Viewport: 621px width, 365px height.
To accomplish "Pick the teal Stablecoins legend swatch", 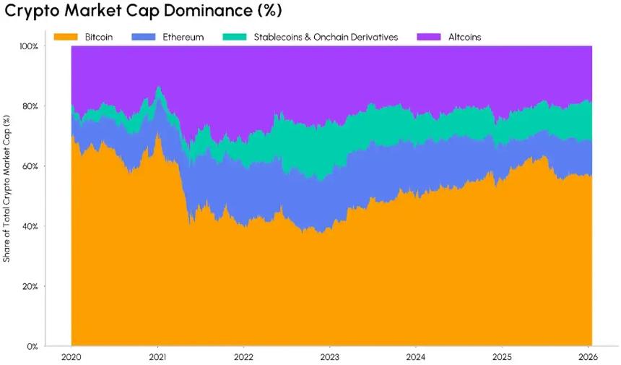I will [x=233, y=36].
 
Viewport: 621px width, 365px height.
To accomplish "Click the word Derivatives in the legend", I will [x=373, y=36].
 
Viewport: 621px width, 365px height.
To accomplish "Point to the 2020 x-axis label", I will [x=72, y=357].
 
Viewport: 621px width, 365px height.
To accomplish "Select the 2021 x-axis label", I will [x=158, y=357].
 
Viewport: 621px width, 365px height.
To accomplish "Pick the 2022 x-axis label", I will [x=243, y=357].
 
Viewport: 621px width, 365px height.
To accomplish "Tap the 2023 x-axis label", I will [x=329, y=357].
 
